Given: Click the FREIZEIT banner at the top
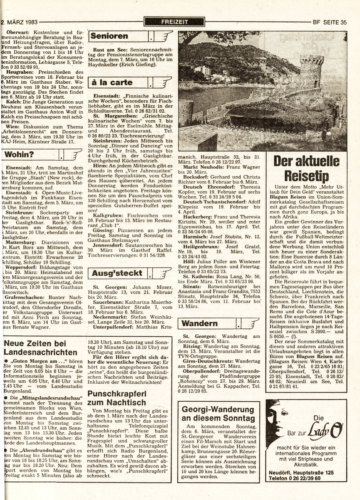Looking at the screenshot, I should point(175,21).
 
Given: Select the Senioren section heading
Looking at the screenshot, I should point(110,36).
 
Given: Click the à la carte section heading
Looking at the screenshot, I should point(111,82).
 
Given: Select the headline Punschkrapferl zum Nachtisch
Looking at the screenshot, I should point(116,398).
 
